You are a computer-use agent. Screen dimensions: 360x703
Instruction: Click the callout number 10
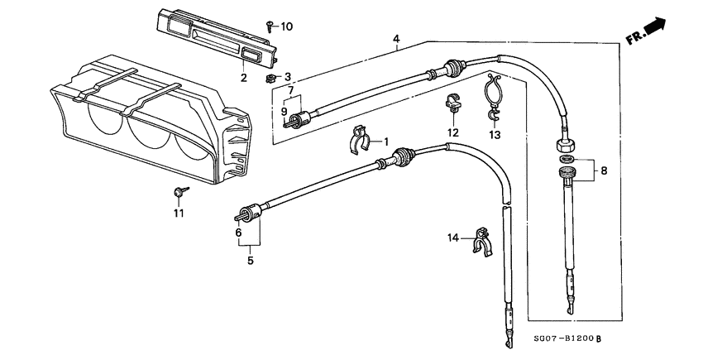coord(287,26)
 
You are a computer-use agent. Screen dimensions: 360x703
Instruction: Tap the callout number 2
coord(243,78)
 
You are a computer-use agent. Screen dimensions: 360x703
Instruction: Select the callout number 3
coord(287,77)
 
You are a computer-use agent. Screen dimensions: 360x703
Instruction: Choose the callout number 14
coord(452,238)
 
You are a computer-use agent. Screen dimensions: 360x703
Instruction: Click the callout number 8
coord(603,171)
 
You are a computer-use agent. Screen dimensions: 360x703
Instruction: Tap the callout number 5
coord(249,260)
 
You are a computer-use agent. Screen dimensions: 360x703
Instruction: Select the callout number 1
coord(385,142)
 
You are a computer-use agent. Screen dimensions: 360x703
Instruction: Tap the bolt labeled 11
coord(179,192)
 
